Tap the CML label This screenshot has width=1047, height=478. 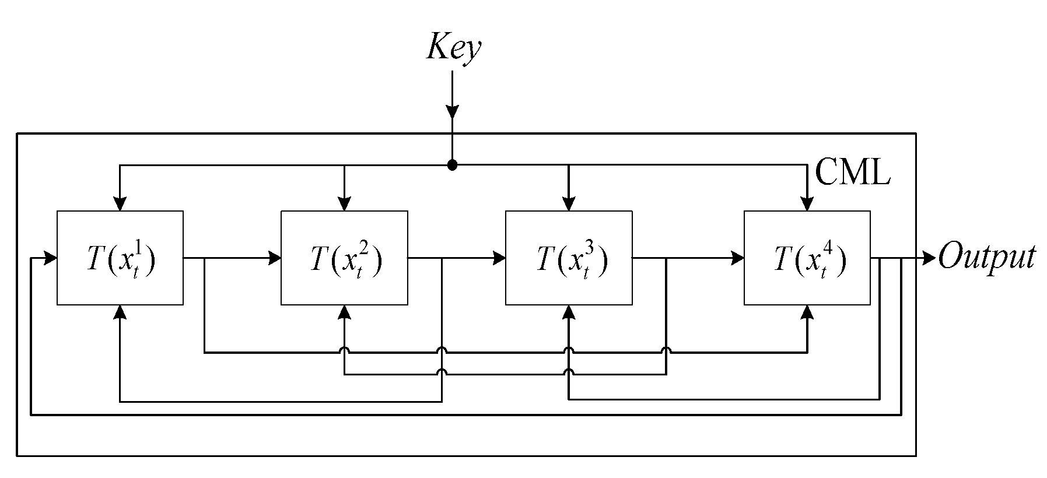click(852, 173)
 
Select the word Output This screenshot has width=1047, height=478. click(986, 257)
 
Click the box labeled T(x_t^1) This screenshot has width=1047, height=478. click(120, 258)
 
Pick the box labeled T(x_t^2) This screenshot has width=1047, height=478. click(344, 258)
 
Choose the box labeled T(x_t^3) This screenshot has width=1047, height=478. click(569, 258)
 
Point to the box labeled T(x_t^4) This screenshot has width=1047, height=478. click(807, 258)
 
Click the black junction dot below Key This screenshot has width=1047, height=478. click(452, 166)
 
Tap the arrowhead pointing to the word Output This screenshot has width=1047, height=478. click(928, 258)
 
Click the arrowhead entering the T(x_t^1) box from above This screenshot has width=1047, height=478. click(120, 203)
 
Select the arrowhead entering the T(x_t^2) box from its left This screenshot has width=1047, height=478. click(274, 258)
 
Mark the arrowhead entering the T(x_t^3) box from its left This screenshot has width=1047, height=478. click(499, 258)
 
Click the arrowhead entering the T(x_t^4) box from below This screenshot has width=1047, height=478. click(807, 312)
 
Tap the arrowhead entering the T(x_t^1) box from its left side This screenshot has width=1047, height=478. click(50, 258)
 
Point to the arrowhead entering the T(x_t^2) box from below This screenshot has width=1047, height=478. click(344, 312)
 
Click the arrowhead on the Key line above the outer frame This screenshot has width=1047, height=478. click(452, 111)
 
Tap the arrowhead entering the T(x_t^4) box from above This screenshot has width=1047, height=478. click(807, 203)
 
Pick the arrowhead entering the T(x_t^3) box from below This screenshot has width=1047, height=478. click(569, 312)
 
